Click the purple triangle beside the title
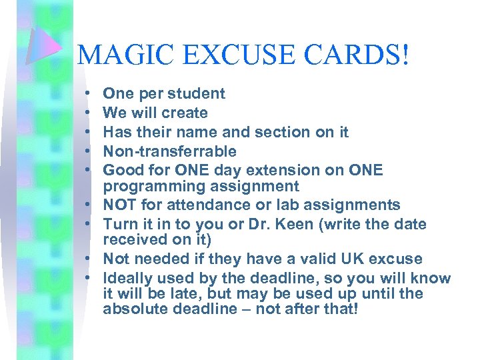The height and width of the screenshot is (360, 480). click(x=45, y=45)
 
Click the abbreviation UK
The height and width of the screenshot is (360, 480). click(x=353, y=259)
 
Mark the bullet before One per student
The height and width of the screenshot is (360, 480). click(x=88, y=94)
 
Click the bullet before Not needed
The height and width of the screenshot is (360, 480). click(x=88, y=259)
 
